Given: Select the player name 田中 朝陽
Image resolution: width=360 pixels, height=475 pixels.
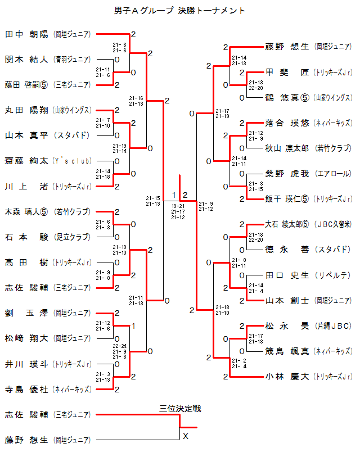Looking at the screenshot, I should [28, 34].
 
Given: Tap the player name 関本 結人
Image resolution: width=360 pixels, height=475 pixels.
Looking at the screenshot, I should [28, 59].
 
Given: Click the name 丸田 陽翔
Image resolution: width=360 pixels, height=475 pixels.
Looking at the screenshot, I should [28, 110].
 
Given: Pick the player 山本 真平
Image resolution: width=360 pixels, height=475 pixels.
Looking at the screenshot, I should [28, 135].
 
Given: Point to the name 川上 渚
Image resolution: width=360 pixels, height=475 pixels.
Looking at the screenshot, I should [28, 186].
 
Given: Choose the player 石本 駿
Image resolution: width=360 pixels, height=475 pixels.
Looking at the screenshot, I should [28, 237].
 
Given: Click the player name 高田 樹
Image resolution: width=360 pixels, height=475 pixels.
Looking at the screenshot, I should [28, 263].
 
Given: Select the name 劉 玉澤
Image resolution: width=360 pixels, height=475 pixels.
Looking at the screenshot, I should [28, 313].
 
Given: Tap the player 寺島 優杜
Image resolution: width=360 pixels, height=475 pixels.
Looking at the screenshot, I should [28, 389].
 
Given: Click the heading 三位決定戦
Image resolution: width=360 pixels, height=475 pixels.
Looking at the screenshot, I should [180, 409].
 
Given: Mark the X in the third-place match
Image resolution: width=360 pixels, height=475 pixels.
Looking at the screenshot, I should [185, 436].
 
